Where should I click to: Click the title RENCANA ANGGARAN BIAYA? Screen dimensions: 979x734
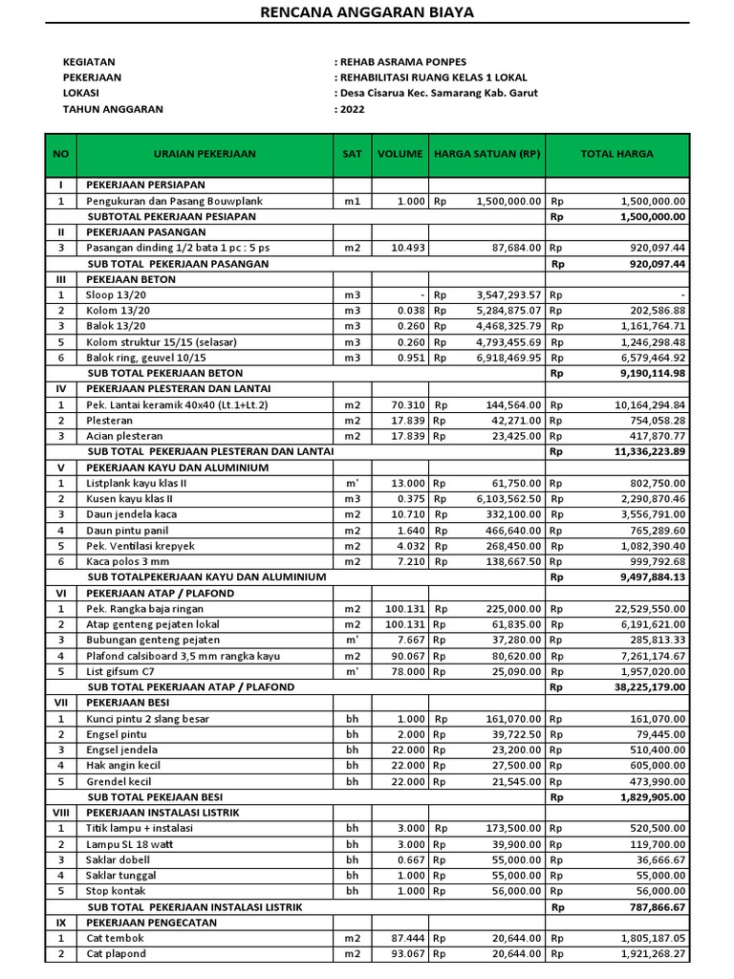[367, 12]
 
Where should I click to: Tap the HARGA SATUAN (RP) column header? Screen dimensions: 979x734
[487, 154]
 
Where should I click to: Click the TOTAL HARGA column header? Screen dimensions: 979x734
[616, 154]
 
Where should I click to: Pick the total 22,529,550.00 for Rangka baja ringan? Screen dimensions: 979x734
[650, 609]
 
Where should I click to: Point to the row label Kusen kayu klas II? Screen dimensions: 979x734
[131, 499]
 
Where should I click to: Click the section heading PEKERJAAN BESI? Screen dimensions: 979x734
[137, 703]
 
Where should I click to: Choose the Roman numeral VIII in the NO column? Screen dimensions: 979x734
[60, 812]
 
